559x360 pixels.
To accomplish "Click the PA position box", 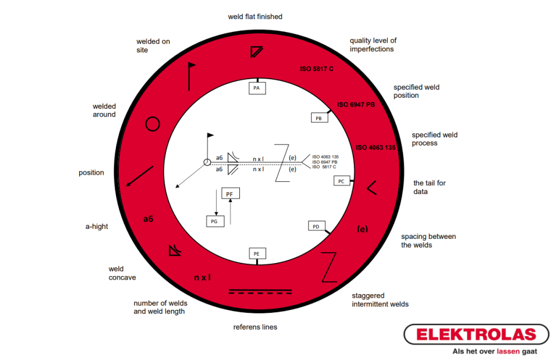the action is point(257,88).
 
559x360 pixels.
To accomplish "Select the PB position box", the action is point(319,118).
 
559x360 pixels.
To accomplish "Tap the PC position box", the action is point(342,181).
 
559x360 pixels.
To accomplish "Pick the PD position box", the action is point(316,226).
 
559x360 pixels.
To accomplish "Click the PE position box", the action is point(257,253).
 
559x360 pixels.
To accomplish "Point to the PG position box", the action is point(215,221).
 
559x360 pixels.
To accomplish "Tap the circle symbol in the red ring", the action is point(153,124).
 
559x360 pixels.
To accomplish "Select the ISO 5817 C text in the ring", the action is point(317,69).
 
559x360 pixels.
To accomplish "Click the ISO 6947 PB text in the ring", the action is point(356,104).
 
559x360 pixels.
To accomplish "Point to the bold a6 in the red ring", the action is point(148,219).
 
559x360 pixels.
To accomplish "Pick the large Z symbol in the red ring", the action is point(329,267).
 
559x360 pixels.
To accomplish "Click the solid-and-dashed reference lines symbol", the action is point(260,291).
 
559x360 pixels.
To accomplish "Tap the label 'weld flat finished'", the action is point(255,17).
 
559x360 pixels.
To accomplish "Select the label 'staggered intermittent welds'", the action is point(380,299).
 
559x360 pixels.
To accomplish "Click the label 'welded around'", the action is point(104,110).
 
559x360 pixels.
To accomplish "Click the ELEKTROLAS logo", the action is point(476,334).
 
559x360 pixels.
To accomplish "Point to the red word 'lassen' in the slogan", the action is point(508,351).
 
